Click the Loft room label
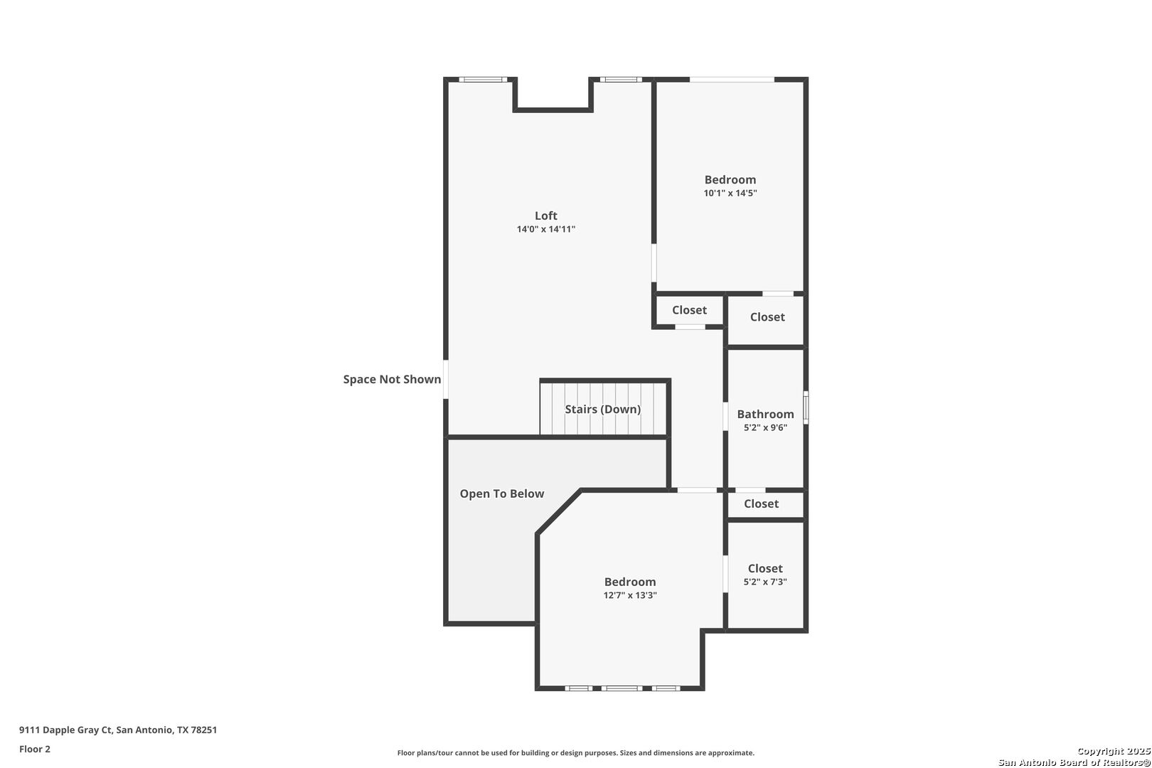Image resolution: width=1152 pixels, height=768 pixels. (545, 215)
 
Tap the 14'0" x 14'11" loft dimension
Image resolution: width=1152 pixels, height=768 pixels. (545, 229)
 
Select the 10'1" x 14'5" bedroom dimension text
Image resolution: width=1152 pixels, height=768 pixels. (730, 193)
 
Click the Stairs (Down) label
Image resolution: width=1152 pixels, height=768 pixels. (603, 409)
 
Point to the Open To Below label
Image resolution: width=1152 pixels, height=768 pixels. (501, 494)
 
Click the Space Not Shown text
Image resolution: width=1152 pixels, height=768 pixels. (392, 380)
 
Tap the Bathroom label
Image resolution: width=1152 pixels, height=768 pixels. (765, 414)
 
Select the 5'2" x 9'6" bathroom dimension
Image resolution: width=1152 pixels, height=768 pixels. (765, 427)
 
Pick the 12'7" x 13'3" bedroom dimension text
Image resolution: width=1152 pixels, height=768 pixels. (630, 595)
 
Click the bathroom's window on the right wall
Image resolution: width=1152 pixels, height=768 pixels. (806, 407)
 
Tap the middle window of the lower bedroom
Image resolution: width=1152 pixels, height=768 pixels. (622, 688)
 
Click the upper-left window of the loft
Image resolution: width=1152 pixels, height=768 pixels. (483, 79)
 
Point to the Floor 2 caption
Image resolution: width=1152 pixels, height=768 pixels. (35, 749)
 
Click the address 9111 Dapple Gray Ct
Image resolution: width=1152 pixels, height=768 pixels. (66, 730)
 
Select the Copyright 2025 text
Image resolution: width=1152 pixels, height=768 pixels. (1114, 752)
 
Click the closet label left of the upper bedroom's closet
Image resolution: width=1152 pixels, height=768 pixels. (689, 310)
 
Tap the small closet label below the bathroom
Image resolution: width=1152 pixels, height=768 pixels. (761, 503)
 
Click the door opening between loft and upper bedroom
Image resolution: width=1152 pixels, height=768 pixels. (654, 263)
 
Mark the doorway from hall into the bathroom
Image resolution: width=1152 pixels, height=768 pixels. (725, 416)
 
